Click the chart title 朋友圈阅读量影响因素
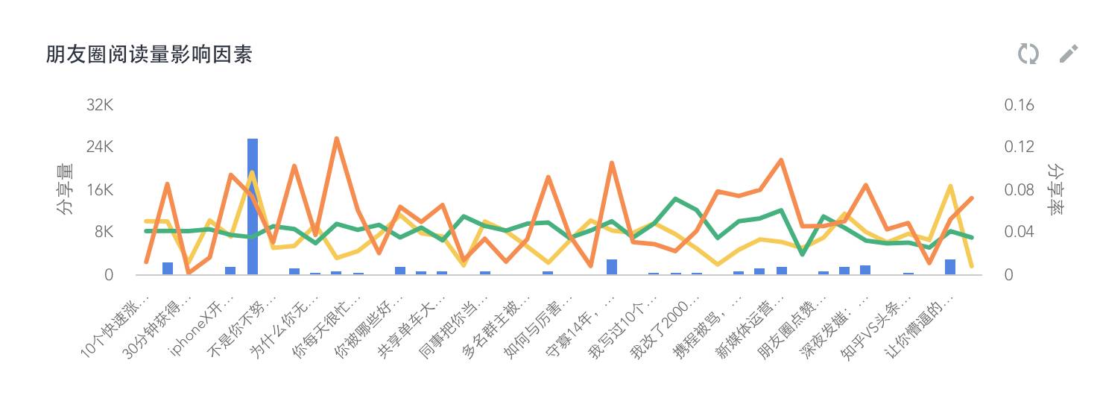pos(149,54)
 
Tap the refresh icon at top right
pos(1028,54)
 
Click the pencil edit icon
pos(1069,54)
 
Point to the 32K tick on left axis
pos(99,105)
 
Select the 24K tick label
pos(99,148)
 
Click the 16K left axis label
pos(99,190)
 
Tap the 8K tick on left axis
pos(103,233)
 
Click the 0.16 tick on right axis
pos(1019,105)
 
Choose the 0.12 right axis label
pos(1019,148)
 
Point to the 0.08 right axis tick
pos(1019,190)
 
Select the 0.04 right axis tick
pos(1019,233)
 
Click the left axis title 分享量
pos(66,190)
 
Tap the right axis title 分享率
pos(1055,190)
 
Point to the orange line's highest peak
pos(337,139)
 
